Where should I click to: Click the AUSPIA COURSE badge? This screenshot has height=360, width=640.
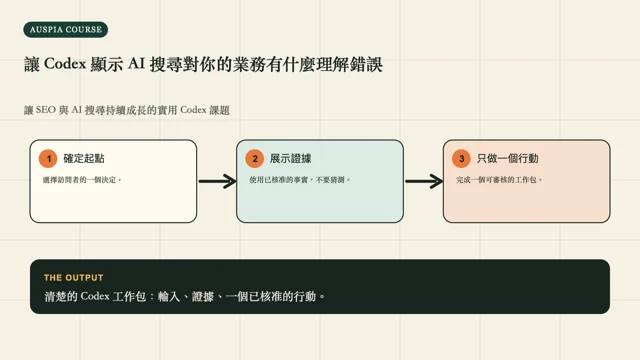click(66, 30)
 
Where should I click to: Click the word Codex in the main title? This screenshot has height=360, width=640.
click(65, 64)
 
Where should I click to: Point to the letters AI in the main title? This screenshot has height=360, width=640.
click(136, 64)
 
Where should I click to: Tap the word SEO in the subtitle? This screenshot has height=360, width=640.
click(46, 110)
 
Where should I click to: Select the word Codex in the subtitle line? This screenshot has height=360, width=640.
click(193, 110)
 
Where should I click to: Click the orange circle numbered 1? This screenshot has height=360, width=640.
click(48, 158)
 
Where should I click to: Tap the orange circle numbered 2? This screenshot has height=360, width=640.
click(255, 158)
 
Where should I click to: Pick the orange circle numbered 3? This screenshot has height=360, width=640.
click(462, 158)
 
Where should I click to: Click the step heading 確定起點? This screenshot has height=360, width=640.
click(84, 158)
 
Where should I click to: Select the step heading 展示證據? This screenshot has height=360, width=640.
click(291, 158)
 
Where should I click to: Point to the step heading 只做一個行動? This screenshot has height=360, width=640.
click(508, 158)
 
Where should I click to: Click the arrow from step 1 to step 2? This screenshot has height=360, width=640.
click(218, 181)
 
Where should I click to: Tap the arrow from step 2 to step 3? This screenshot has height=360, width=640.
click(424, 181)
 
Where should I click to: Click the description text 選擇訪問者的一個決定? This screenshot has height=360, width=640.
click(82, 180)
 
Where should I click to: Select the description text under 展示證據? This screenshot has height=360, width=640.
click(300, 180)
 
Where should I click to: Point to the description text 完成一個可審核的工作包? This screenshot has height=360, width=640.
click(499, 180)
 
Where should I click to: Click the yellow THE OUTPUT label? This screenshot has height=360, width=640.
click(74, 278)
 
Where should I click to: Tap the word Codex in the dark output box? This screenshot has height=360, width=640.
click(95, 296)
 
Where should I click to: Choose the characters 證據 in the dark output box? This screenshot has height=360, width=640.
click(203, 296)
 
